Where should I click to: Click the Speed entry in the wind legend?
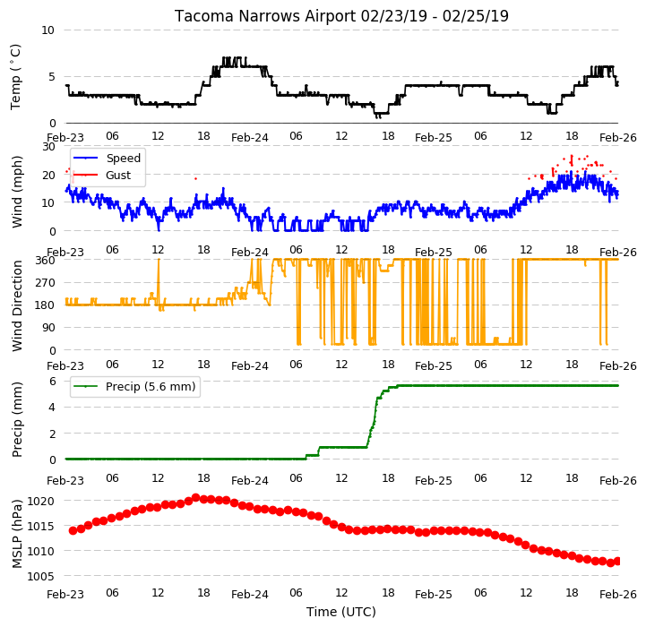pos(123,159)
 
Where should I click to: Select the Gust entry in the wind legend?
pos(118,175)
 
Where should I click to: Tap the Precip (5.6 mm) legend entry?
pos(151,386)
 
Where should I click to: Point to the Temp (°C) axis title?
pos(15,77)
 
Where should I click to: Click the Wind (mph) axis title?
pos(16,192)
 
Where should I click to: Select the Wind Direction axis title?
pos(16,305)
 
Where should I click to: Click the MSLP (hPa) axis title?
pos(16,534)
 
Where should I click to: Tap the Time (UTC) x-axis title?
pos(341,612)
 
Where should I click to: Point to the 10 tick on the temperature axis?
pos(47,30)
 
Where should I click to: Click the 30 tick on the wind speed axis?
pos(48,147)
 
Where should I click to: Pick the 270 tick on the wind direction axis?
pos(46,283)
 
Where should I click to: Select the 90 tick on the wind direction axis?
pos(48,328)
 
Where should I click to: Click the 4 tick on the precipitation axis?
pos(52,408)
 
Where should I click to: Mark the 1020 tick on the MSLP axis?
pos(40,501)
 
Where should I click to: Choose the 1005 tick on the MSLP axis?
pos(40,576)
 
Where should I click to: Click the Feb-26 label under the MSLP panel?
pos(618,595)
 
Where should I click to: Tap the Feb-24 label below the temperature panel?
pos(250,138)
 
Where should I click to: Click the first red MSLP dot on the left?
pos(73,530)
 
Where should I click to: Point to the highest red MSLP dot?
pos(195,498)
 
